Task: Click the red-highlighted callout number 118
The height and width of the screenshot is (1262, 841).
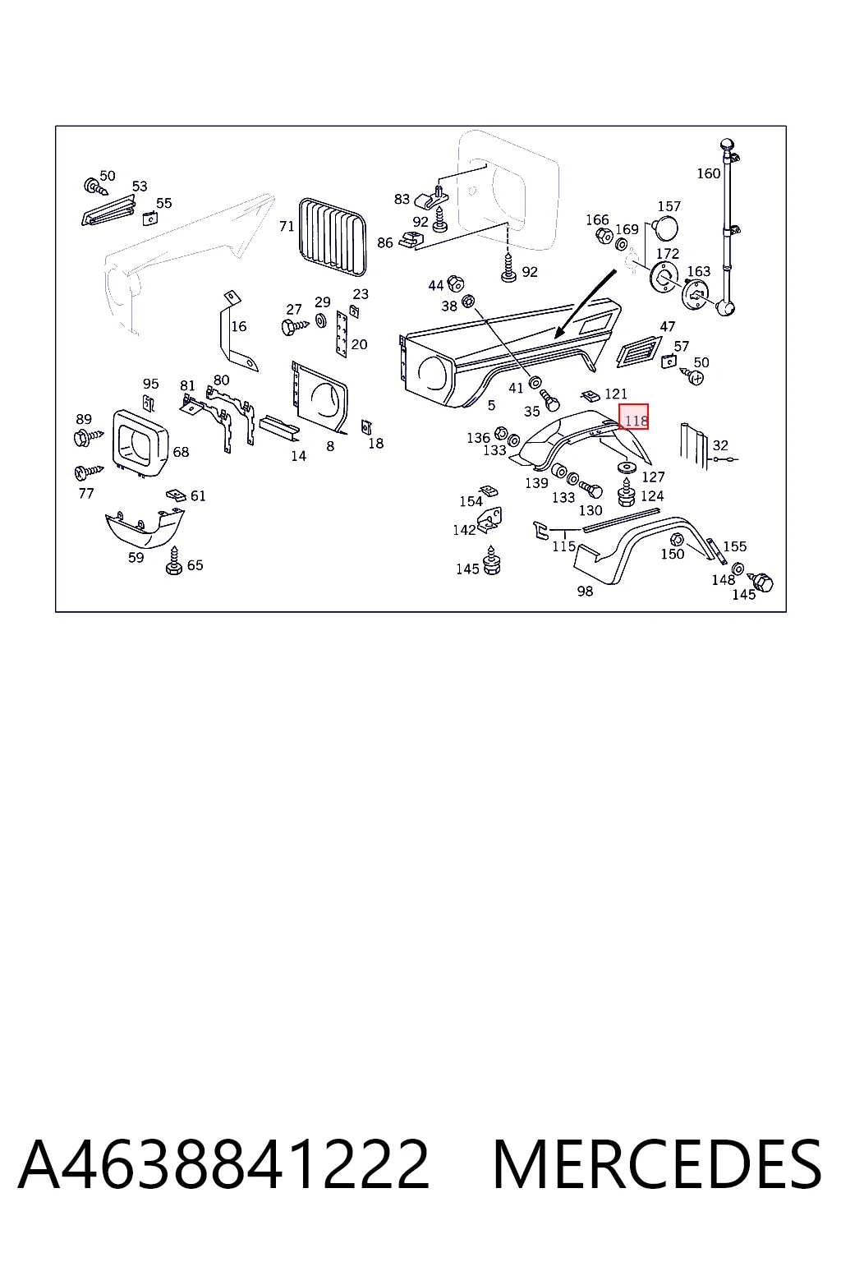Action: (x=636, y=421)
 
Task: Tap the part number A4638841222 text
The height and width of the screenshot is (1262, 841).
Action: (x=223, y=1165)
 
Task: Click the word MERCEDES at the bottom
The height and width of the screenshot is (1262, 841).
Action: (x=657, y=1165)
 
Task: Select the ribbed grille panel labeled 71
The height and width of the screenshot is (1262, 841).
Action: (x=333, y=237)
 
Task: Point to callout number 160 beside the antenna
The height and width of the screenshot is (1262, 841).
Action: (x=708, y=173)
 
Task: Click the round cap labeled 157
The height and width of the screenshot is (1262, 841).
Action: (x=665, y=228)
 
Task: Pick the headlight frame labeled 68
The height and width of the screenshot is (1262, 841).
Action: (x=140, y=443)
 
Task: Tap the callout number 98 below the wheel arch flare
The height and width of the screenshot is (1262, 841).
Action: (x=585, y=591)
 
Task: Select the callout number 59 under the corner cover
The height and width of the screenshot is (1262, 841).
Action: (x=136, y=557)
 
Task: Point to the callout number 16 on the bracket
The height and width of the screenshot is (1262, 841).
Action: (x=239, y=326)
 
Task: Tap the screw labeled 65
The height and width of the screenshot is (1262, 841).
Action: (x=174, y=561)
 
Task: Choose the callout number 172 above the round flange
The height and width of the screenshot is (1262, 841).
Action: (x=668, y=254)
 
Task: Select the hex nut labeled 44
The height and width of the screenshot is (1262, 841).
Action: (x=454, y=283)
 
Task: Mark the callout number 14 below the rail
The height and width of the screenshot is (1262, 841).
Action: (x=299, y=456)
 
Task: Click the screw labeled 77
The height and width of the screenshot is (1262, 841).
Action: (x=89, y=471)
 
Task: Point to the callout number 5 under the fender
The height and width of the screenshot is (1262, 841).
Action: (x=491, y=405)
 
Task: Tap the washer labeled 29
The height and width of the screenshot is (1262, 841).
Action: (x=320, y=321)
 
